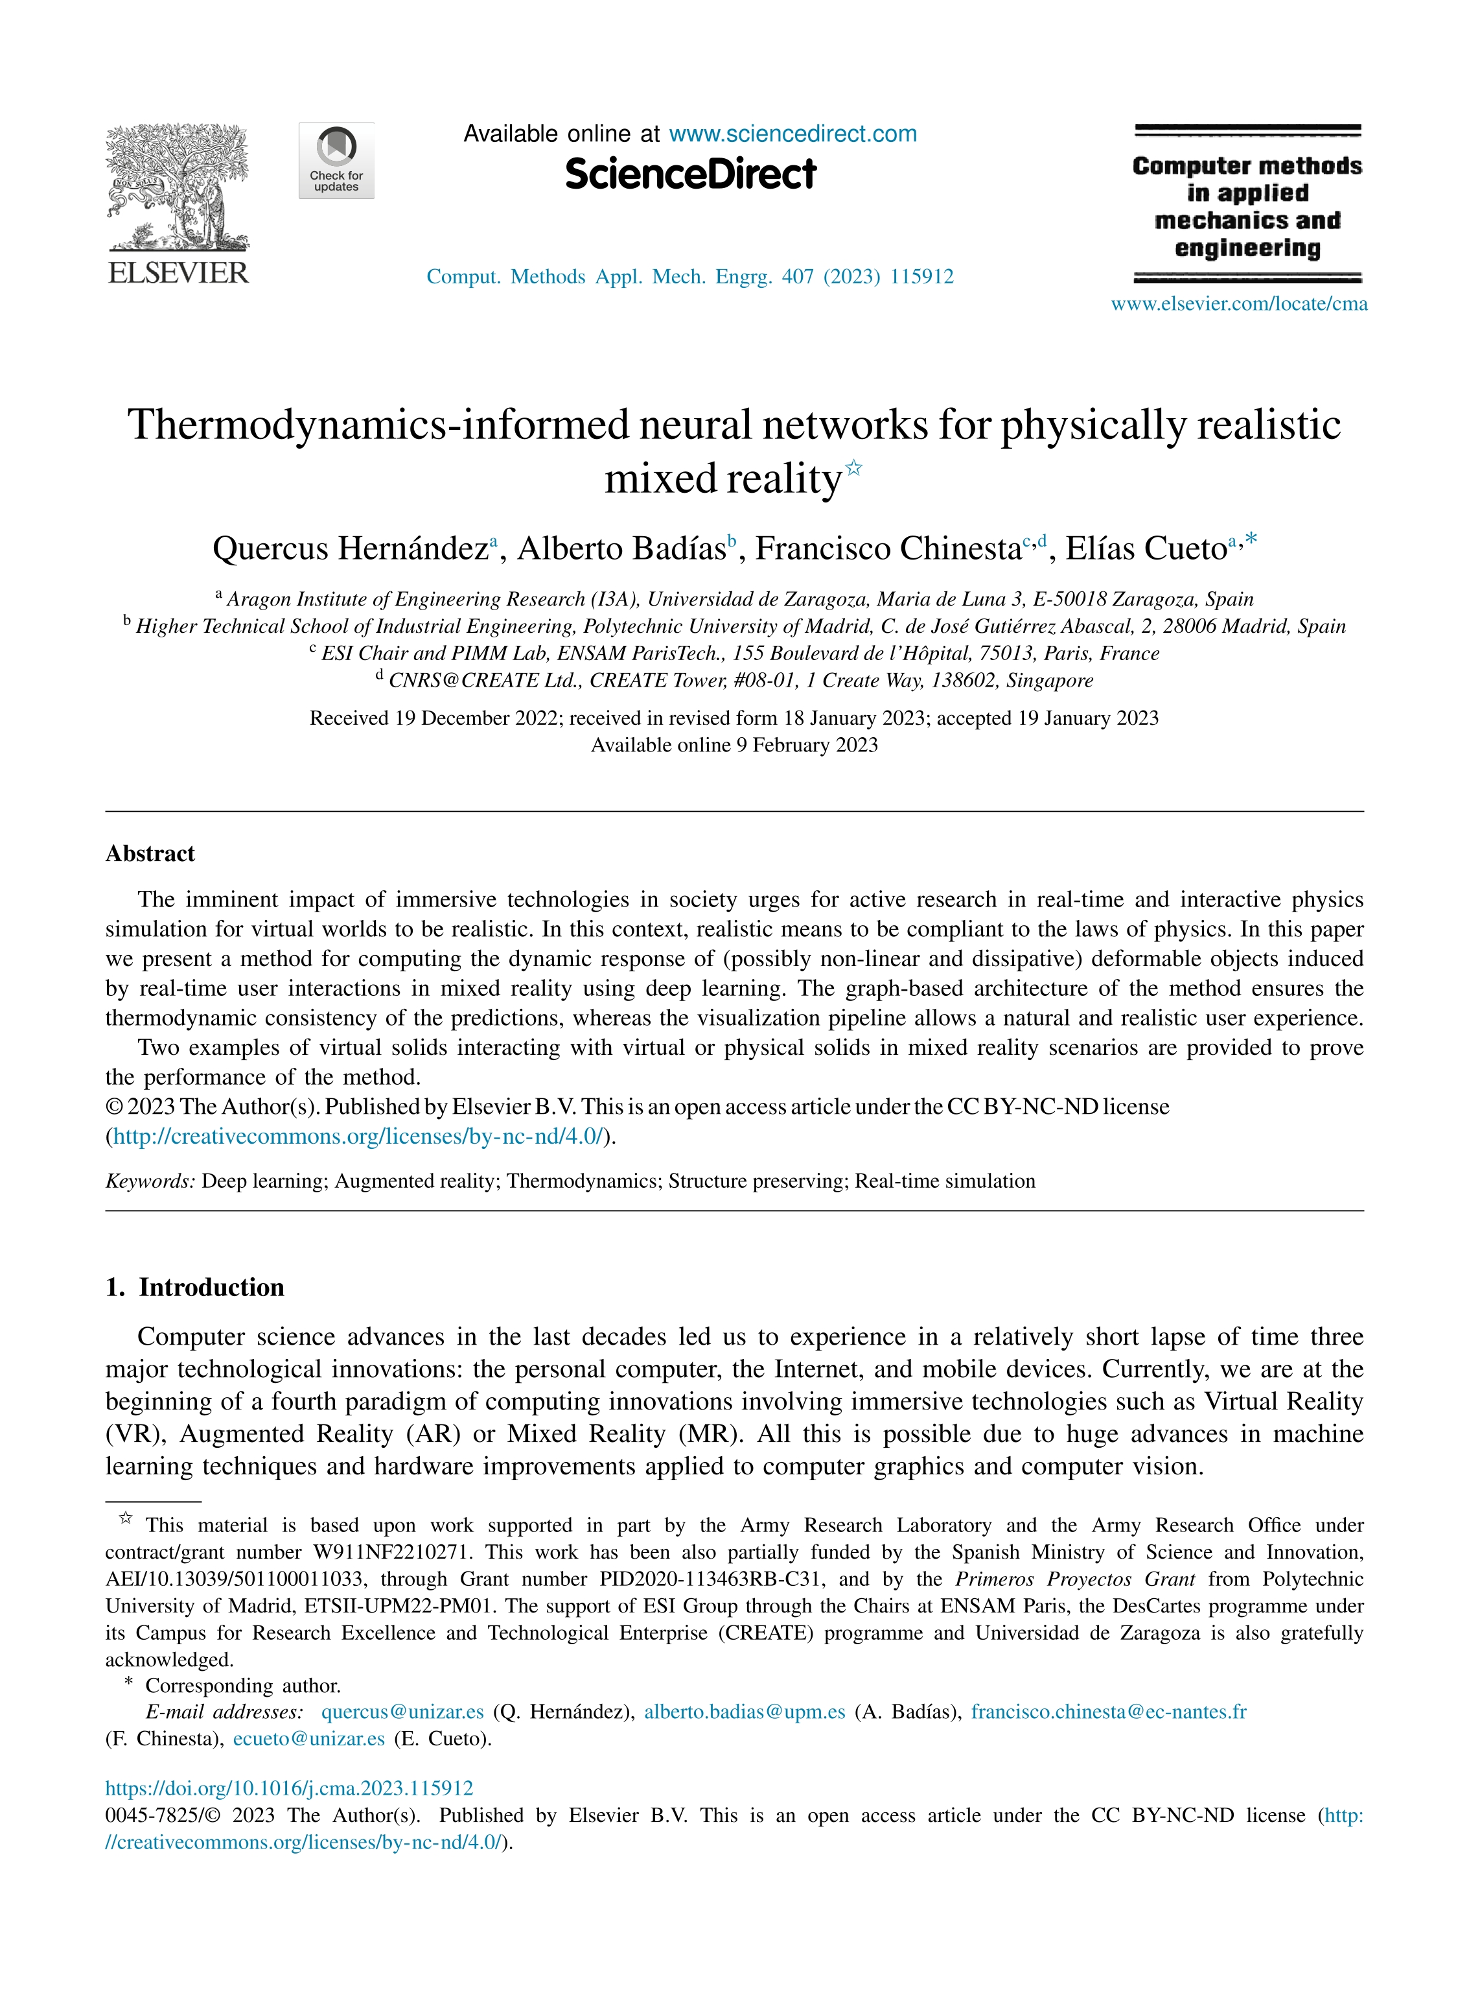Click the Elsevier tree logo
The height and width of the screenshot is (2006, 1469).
tap(178, 187)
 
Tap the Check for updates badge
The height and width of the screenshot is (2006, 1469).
tap(336, 161)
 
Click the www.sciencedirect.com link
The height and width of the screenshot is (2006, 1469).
tap(792, 134)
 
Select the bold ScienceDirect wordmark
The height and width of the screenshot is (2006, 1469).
tap(690, 174)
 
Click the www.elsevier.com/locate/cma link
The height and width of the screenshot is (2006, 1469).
tap(1239, 304)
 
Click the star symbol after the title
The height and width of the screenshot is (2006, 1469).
tap(853, 467)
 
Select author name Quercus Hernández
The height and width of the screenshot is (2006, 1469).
tap(351, 549)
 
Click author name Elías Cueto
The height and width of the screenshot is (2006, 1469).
tap(1146, 549)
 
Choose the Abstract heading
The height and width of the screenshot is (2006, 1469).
tap(150, 854)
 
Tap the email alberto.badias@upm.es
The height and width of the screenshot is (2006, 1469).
tap(745, 1712)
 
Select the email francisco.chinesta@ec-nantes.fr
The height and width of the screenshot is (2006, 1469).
tap(1108, 1712)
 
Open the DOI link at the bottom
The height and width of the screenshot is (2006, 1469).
tap(289, 1789)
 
